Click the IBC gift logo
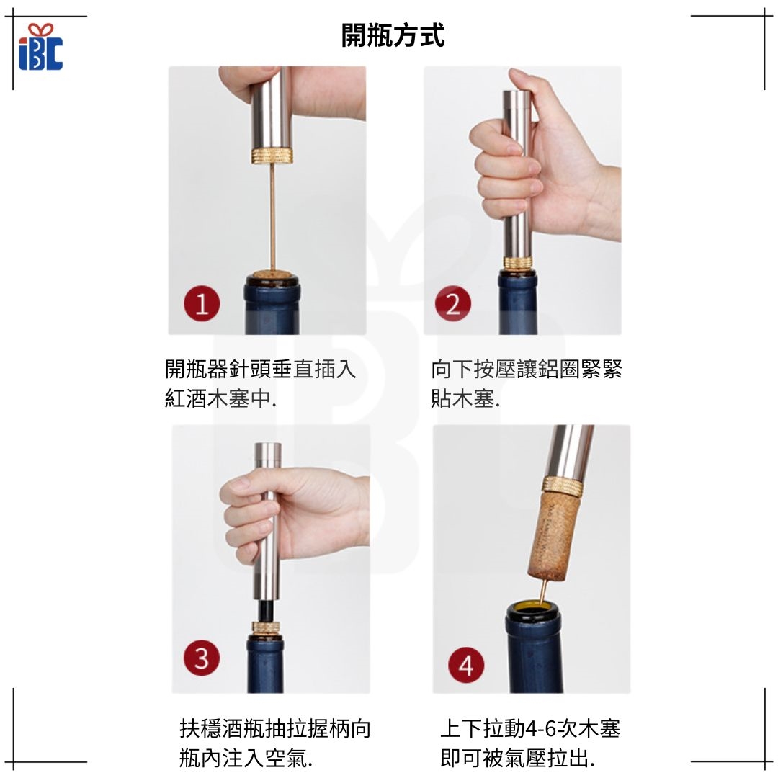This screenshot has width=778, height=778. (x=40, y=46)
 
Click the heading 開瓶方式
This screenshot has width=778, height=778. (x=393, y=35)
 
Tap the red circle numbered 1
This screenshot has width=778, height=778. (x=202, y=304)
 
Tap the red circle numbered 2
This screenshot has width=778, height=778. (x=453, y=304)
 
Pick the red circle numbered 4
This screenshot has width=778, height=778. (x=466, y=665)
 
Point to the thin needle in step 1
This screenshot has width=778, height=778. (x=272, y=218)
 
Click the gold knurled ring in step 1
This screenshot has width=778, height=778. (x=272, y=156)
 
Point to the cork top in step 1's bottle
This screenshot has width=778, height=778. (x=272, y=275)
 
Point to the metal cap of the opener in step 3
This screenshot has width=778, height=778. (x=268, y=455)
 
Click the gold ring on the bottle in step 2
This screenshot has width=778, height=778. (x=518, y=262)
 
